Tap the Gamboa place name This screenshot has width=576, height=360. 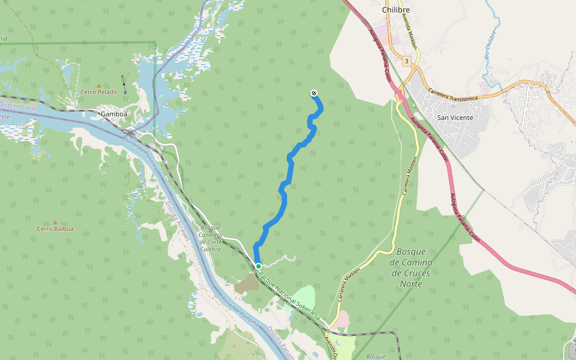[114, 113]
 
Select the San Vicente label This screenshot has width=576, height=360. [455, 118]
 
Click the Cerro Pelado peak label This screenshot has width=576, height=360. [99, 92]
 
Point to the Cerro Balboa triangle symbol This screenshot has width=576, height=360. [55, 222]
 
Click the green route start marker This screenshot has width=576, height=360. [258, 266]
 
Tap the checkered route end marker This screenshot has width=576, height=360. [313, 92]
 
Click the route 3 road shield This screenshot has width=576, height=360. [407, 61]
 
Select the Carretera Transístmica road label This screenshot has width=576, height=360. [453, 94]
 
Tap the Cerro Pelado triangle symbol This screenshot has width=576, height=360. [99, 85]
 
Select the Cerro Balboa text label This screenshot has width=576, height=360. [55, 229]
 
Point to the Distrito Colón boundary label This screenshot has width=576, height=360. [19, 107]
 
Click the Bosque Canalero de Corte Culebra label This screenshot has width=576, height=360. [211, 238]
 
